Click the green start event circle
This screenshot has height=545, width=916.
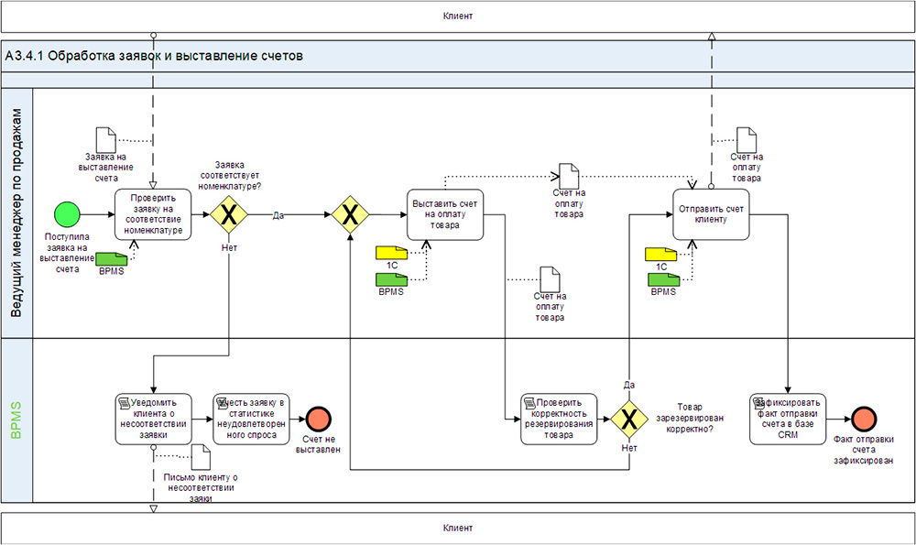coord(67,215)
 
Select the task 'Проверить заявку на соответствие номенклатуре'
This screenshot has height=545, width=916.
coord(152,215)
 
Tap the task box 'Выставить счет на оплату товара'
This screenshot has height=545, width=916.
coord(444,215)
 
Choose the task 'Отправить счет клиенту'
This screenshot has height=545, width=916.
coord(711,214)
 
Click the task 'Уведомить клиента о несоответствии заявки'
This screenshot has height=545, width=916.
coord(153,419)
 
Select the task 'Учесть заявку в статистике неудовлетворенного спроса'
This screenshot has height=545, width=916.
coord(250,419)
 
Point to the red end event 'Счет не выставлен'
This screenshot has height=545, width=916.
coord(319,419)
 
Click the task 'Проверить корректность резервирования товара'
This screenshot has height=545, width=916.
coord(559,419)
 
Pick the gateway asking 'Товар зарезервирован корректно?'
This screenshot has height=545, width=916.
coord(630,419)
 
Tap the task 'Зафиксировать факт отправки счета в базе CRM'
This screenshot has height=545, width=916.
coord(788,419)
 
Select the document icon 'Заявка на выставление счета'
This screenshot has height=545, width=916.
coord(107,140)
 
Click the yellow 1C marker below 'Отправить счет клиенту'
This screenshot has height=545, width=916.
coord(660,254)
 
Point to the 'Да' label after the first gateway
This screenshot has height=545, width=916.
coord(278,216)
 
